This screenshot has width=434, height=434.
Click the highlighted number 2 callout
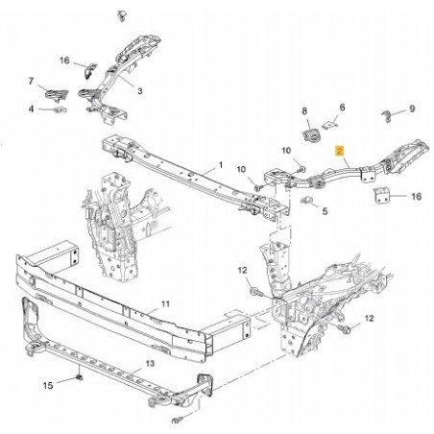click(x=339, y=151)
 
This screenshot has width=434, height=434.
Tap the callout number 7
click(x=31, y=82)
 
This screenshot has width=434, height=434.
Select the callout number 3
click(x=140, y=91)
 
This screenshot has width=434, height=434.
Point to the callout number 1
click(x=221, y=165)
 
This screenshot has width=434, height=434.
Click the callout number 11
click(x=165, y=303)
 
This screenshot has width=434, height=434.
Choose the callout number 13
click(x=150, y=364)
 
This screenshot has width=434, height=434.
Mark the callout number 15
click(x=48, y=386)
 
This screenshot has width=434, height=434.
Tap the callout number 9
click(x=412, y=108)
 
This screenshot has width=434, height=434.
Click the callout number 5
click(x=325, y=211)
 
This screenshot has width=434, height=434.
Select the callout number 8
click(x=304, y=111)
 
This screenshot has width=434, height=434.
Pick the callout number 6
click(x=342, y=108)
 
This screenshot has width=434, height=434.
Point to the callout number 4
click(x=31, y=109)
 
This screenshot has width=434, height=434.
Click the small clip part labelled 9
click(x=387, y=116)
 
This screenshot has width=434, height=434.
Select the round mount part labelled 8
click(x=310, y=134)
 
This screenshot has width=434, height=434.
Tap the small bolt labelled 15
click(x=80, y=377)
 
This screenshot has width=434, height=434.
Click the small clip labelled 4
click(x=60, y=109)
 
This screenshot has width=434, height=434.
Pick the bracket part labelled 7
click(x=57, y=95)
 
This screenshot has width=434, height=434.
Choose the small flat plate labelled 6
click(x=329, y=125)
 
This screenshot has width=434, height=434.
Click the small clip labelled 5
click(x=307, y=200)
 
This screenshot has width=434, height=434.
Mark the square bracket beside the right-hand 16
click(x=381, y=195)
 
